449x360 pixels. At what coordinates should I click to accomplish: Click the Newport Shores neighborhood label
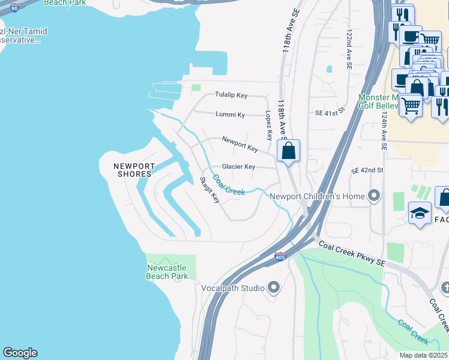pyautogui.click(x=134, y=170)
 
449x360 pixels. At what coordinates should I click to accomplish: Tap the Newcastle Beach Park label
pyautogui.click(x=167, y=272)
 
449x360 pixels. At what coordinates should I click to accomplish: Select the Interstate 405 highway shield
pyautogui.click(x=280, y=256)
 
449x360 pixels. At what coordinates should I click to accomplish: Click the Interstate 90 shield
pyautogui.click(x=14, y=6)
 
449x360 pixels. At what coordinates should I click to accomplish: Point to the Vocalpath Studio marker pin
pyautogui.click(x=274, y=288)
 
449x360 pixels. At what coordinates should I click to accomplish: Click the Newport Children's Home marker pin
pyautogui.click(x=375, y=196)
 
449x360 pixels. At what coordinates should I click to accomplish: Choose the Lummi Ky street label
pyautogui.click(x=231, y=115)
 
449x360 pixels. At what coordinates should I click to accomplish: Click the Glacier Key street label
pyautogui.click(x=238, y=167)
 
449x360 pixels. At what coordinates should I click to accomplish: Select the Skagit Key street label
pyautogui.click(x=210, y=190)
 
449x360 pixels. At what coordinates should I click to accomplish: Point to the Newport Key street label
pyautogui.click(x=240, y=144)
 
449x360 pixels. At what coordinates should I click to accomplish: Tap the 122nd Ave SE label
pyautogui.click(x=348, y=51)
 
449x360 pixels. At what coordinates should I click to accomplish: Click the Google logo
pyautogui.click(x=20, y=353)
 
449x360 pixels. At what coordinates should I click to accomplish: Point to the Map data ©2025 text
pyautogui.click(x=423, y=355)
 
